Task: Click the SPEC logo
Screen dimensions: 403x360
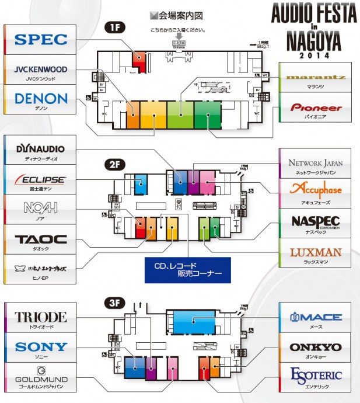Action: (41, 40)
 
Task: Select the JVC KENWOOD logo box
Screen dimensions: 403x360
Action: (41, 70)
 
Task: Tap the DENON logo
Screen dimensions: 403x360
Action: (41, 99)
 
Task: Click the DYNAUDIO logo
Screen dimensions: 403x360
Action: (41, 149)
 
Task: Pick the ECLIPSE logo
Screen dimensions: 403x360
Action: (41, 180)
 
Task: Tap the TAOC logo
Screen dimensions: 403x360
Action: (41, 239)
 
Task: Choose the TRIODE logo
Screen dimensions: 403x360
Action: (41, 317)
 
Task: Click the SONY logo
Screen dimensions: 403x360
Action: (41, 346)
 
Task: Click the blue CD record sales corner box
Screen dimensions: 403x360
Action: (188, 270)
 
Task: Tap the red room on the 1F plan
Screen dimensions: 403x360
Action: (139, 59)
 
